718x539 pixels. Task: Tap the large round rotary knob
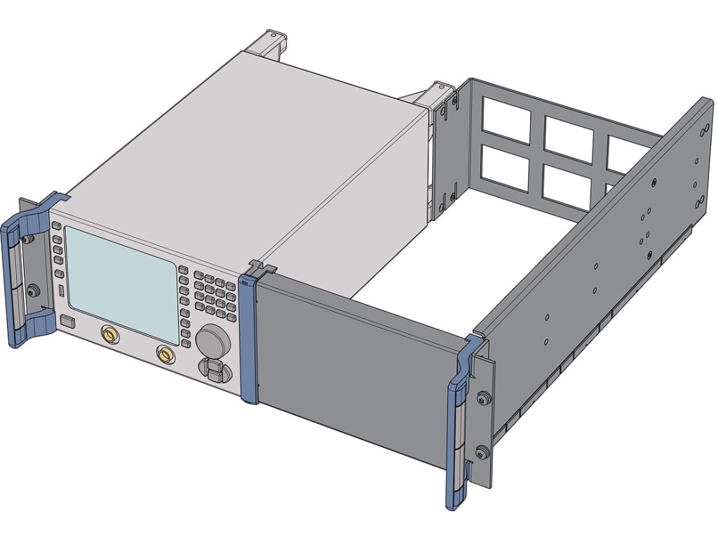pyautogui.click(x=212, y=342)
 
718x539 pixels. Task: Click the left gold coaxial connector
pyautogui.click(x=110, y=335)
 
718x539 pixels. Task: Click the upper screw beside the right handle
pyautogui.click(x=480, y=399)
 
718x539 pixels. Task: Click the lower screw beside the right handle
pyautogui.click(x=480, y=452)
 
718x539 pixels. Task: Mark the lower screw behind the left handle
pyautogui.click(x=31, y=288)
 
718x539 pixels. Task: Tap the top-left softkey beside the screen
pyautogui.click(x=56, y=225)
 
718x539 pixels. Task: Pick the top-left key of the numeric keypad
pyautogui.click(x=198, y=276)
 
